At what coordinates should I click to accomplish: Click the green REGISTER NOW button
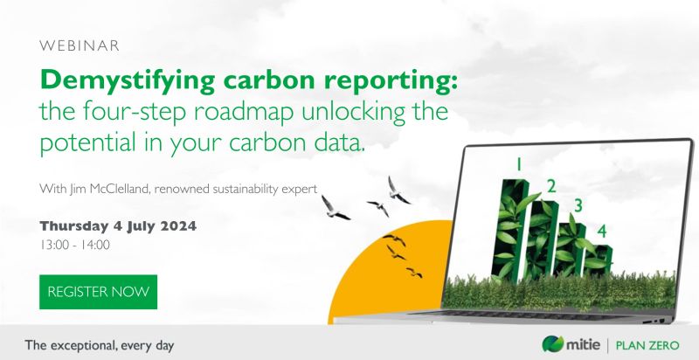[x=98, y=292]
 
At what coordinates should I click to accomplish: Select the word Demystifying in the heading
[x=120, y=81]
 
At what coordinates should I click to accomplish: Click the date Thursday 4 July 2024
[x=118, y=225]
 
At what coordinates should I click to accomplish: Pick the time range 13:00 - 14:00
[x=74, y=245]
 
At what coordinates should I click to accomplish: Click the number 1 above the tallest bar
[x=519, y=163]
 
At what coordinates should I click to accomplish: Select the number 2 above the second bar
[x=550, y=184]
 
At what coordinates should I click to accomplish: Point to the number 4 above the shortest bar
[x=601, y=231]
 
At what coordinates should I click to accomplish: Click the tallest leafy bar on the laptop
[x=511, y=227]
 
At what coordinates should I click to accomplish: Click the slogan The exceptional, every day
[x=99, y=344]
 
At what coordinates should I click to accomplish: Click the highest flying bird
[x=398, y=187]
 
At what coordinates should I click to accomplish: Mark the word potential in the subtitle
[x=90, y=142]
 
